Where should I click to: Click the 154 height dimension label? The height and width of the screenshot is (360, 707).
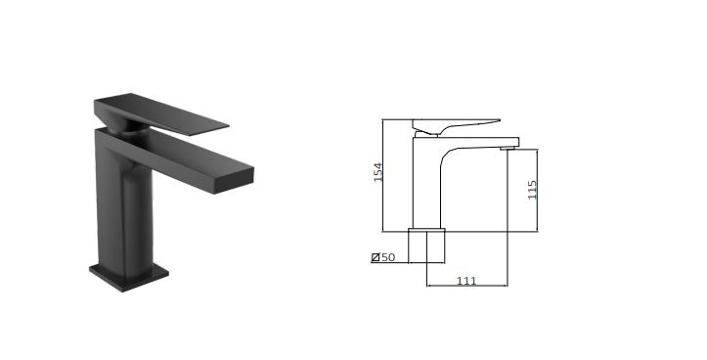pos(377,172)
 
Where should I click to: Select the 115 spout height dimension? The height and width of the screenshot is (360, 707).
pos(532,190)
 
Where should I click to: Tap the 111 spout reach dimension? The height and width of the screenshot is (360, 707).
pos(466,281)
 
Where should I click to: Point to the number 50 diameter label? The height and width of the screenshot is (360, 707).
pos(388,257)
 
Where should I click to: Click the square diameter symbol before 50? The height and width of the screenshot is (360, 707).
pos(376,257)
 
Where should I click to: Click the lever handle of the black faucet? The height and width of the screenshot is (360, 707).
pos(161,113)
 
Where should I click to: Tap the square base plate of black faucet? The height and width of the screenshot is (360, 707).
pos(129,276)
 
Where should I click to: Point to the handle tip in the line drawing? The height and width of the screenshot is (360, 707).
pos(498,120)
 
